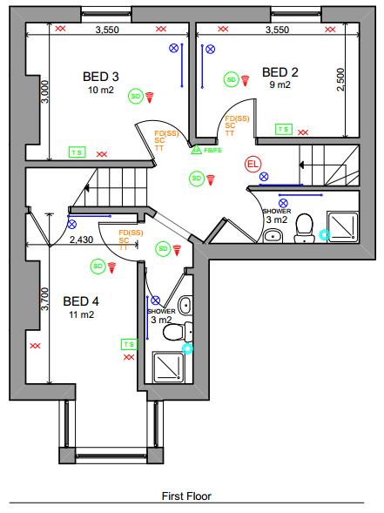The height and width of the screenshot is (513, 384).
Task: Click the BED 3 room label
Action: pyautogui.click(x=101, y=75)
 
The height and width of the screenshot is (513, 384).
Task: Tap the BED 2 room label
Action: pyautogui.click(x=280, y=71)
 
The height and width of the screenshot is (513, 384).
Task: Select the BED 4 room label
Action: pyautogui.click(x=81, y=301)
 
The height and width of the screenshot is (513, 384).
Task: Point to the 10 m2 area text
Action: pyautogui.click(x=101, y=89)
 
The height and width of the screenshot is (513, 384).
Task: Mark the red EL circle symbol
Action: pyautogui.click(x=253, y=163)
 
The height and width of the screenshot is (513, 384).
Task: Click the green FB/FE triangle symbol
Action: pyautogui.click(x=196, y=150)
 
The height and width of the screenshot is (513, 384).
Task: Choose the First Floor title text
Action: pyautogui.click(x=186, y=496)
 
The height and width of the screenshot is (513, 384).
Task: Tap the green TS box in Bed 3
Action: pyautogui.click(x=77, y=151)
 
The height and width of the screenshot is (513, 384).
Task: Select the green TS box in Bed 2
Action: pyautogui.click(x=283, y=129)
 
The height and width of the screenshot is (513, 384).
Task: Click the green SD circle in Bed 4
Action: pyautogui.click(x=98, y=266)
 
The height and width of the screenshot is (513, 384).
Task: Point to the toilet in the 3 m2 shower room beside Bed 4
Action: pyautogui.click(x=173, y=332)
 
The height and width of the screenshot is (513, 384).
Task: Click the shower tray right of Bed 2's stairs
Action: pyautogui.click(x=339, y=225)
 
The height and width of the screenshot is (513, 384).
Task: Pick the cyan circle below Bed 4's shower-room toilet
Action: pyautogui.click(x=185, y=348)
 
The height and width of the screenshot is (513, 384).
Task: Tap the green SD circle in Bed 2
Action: pyautogui.click(x=231, y=79)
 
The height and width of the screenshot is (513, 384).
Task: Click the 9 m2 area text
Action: pyautogui.click(x=280, y=85)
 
